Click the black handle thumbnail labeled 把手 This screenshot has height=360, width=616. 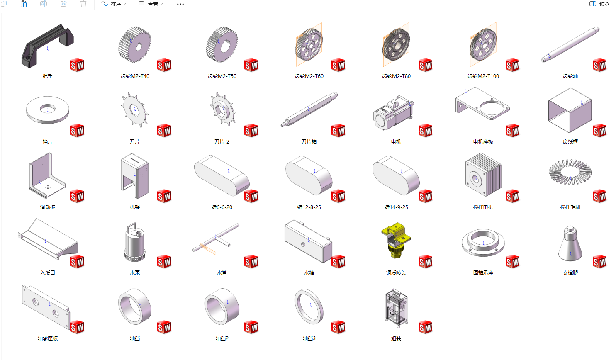47,46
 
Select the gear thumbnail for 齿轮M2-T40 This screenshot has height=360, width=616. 135,44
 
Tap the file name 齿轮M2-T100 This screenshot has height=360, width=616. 483,76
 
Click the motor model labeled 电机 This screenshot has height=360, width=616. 394,112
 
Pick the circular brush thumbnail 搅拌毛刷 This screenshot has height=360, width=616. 570,172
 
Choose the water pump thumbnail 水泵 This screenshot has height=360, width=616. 134,242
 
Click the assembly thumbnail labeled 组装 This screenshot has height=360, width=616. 396,308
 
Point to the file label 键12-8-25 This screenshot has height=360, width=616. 309,207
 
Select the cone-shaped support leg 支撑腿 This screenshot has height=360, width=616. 570,243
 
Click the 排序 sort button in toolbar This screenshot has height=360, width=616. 114,4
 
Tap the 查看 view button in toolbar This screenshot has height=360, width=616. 151,4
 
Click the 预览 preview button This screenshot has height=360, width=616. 599,4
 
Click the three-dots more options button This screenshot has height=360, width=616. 180,4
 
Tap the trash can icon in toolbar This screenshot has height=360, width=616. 83,4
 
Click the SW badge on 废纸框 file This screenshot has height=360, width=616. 599,131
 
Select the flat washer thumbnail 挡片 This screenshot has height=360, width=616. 48,110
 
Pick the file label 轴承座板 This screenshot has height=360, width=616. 48,338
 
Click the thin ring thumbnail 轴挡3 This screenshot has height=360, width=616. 309,306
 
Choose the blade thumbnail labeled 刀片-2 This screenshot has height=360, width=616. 223,109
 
